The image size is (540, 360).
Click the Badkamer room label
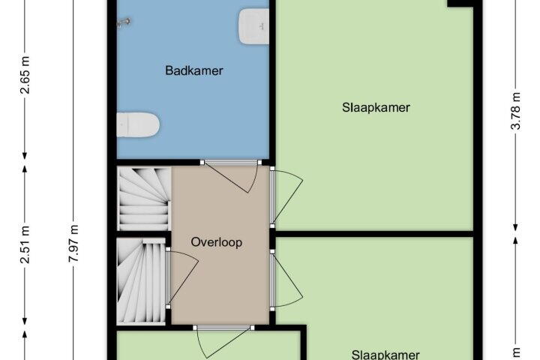coord(194,70)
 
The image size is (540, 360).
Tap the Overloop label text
coord(217,242)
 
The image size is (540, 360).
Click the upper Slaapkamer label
coord(376,107)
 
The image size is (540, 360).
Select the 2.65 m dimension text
coord(25,75)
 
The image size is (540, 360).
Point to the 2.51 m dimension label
coord(25,245)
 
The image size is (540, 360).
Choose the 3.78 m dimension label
coord(515,111)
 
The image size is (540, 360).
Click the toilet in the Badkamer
coord(138,124)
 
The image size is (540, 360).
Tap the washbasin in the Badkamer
coord(253,26)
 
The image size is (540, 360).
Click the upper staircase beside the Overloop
coord(144,199)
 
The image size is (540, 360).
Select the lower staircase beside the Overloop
coord(141,281)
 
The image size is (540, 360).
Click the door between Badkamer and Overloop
coord(232,175)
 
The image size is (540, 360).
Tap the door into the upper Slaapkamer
coord(286,196)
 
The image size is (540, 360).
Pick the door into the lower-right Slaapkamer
coord(286,280)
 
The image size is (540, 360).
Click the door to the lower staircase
coord(181,277)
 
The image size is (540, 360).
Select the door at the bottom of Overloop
coord(223,341)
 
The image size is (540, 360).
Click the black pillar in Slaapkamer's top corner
coord(460,4)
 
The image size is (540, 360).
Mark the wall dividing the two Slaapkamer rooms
coord(374,234)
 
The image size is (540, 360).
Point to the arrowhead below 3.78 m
coord(515,227)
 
